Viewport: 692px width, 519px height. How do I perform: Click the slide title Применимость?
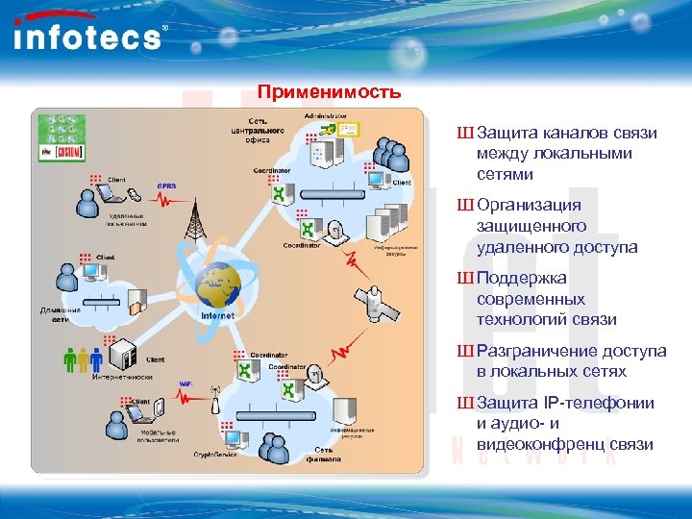coord(329,93)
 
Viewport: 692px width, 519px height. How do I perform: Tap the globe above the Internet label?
coord(219,284)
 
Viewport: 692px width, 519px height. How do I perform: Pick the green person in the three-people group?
coord(70,359)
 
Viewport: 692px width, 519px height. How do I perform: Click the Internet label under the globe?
coord(217,315)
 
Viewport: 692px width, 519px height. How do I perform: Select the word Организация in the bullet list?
coord(529,205)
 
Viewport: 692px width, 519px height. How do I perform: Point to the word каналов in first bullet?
coord(560,132)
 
